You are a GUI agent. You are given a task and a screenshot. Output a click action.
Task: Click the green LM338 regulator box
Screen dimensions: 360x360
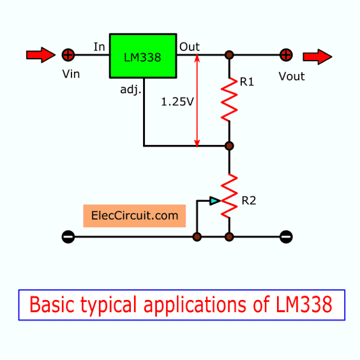(143, 56)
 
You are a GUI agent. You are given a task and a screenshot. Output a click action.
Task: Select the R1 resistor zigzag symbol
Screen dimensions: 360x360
(229, 100)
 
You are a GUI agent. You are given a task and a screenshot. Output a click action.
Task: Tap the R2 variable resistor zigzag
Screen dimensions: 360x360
(229, 196)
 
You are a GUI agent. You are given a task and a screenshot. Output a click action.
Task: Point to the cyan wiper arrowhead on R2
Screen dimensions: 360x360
(215, 201)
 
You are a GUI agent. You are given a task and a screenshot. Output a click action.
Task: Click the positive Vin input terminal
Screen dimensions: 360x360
(68, 55)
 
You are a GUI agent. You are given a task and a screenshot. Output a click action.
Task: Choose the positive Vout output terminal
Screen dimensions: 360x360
(286, 55)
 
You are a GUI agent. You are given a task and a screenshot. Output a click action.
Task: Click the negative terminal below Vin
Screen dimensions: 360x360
(68, 237)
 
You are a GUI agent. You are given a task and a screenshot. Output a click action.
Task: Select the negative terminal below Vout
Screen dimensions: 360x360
(286, 237)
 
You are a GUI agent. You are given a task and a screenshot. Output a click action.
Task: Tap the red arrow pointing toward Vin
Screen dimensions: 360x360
(41, 55)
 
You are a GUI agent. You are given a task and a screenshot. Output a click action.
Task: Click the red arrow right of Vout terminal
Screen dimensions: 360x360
(317, 57)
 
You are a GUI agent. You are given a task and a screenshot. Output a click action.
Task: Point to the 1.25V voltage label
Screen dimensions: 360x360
(177, 101)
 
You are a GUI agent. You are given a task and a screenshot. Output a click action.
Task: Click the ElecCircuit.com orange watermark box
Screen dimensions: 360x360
(134, 216)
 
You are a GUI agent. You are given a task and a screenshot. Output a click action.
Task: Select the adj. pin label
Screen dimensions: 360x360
(130, 89)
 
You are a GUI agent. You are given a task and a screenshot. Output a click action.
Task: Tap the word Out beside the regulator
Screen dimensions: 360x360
(190, 47)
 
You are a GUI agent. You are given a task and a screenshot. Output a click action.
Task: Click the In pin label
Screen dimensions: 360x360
(99, 47)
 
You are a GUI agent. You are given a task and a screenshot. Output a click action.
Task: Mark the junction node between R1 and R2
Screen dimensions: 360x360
(229, 146)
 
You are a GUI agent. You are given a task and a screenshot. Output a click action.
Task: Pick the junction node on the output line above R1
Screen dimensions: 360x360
(229, 55)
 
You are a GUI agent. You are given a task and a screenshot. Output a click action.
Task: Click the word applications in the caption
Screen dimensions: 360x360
(195, 306)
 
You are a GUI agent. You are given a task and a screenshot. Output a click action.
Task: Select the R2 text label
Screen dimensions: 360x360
(249, 200)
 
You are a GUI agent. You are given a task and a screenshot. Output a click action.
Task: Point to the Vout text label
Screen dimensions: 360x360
(292, 76)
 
